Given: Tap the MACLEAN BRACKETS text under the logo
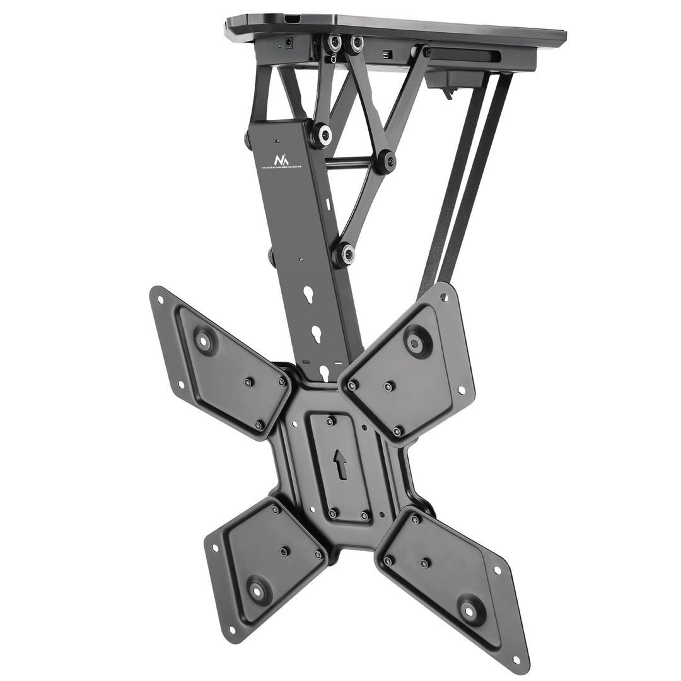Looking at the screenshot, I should pyautogui.click(x=281, y=168).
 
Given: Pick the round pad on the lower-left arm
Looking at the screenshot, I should pyautogui.click(x=257, y=591).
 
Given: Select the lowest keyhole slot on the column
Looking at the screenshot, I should pyautogui.click(x=324, y=373).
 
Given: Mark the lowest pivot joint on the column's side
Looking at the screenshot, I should pyautogui.click(x=344, y=254).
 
